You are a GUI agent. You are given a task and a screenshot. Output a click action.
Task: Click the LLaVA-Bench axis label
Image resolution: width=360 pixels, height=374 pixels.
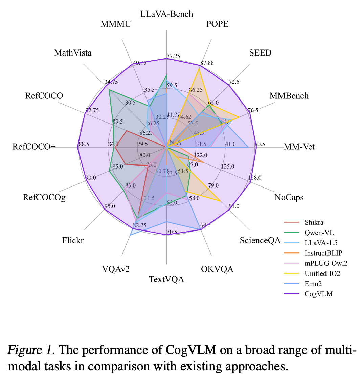pos(166,14)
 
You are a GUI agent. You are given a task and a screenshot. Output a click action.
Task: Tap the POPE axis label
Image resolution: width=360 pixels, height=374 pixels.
pos(217,24)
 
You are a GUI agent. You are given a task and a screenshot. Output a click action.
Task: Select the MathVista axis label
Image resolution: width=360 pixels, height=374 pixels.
pos(73,53)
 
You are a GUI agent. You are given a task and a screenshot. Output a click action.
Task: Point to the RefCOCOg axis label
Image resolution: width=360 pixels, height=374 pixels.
pos(44,197)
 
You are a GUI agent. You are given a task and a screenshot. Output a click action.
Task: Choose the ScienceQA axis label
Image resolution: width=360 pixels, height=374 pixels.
pos(260,240)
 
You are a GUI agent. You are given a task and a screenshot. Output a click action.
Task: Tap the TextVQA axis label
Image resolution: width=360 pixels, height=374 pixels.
pos(166,279)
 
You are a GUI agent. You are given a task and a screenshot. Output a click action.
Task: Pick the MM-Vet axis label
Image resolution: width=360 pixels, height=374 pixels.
pos(299,147)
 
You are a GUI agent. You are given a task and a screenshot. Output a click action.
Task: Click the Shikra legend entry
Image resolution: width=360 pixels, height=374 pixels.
pos(314,222)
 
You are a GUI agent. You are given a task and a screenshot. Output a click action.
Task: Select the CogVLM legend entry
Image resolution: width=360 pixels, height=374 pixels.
pos(318,294)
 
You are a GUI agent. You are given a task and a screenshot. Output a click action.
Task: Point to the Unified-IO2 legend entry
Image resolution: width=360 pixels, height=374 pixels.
pos(322,273)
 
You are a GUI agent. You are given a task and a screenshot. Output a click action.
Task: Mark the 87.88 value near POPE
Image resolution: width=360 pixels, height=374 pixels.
pos(207,63)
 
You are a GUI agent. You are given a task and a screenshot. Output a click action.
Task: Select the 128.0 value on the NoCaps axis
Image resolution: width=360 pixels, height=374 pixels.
pos(254,178)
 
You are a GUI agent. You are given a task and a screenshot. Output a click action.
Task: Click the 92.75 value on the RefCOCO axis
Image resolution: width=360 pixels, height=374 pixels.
pos(92,110)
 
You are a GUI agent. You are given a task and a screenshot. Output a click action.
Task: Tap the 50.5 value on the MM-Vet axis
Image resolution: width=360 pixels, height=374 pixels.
pos(260,144)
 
